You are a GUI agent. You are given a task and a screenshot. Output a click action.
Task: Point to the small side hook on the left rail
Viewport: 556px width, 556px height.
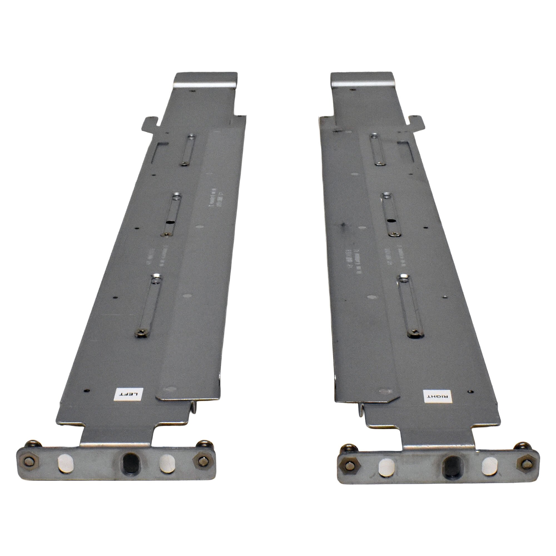[150, 122]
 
